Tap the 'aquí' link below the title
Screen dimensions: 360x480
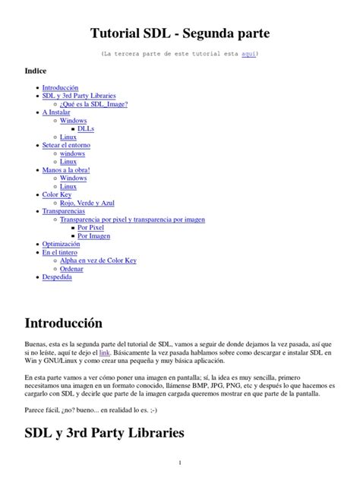[248, 55]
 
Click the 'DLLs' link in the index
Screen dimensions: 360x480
[87, 128]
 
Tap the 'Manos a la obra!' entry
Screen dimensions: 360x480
[66, 169]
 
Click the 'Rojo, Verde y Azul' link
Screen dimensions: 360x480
[87, 203]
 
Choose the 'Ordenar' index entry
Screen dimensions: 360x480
[73, 269]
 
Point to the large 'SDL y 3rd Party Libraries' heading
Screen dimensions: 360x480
[105, 434]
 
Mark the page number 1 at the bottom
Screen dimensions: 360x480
[180, 463]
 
